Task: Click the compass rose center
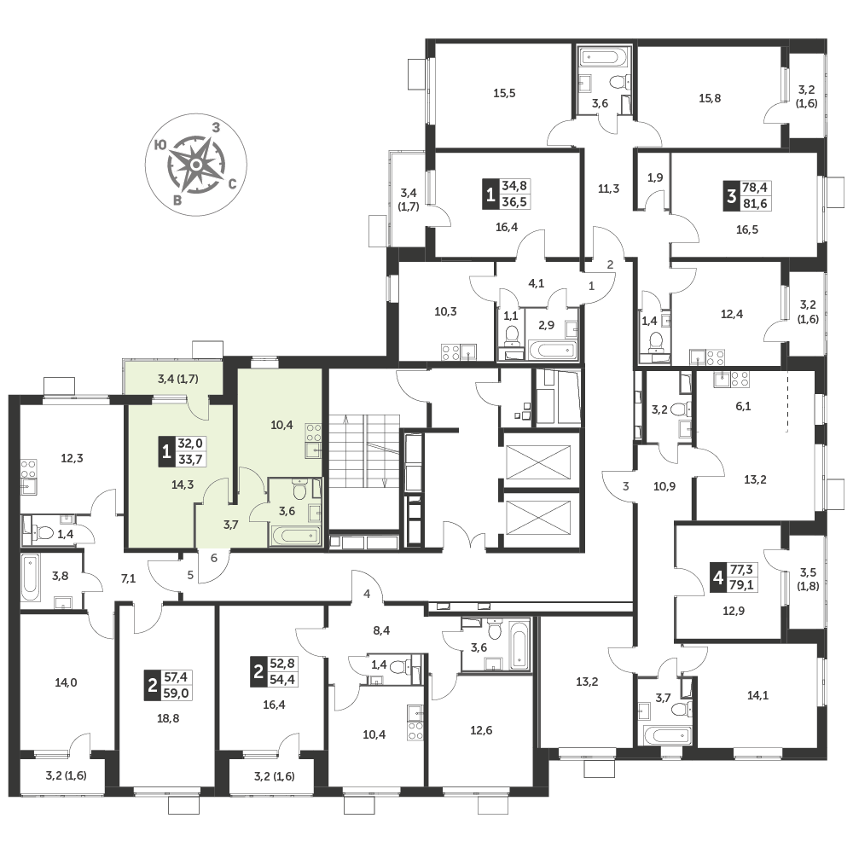pyautogui.click(x=196, y=164)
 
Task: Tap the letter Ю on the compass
pyautogui.click(x=160, y=145)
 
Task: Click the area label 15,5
pyautogui.click(x=504, y=93)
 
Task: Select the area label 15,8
pyautogui.click(x=710, y=98)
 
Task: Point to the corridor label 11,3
pyautogui.click(x=608, y=189)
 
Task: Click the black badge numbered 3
pyautogui.click(x=731, y=195)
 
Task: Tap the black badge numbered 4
pyautogui.click(x=718, y=577)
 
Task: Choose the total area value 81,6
pyautogui.click(x=755, y=204)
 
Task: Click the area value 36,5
pyautogui.click(x=514, y=202)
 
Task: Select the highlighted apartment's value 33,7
pyautogui.click(x=190, y=459)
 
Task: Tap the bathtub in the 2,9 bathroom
pyautogui.click(x=552, y=350)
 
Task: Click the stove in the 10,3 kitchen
pyautogui.click(x=450, y=352)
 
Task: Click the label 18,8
pyautogui.click(x=167, y=718)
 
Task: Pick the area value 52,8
pyautogui.click(x=282, y=663)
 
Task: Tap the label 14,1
pyautogui.click(x=757, y=694)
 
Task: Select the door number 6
pyautogui.click(x=214, y=558)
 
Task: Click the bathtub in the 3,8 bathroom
pyautogui.click(x=31, y=577)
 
